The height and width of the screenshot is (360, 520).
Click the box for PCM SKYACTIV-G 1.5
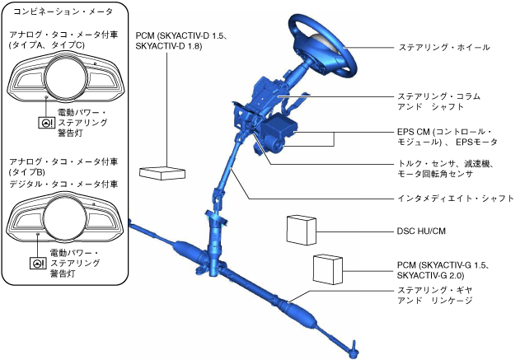coord(327,269)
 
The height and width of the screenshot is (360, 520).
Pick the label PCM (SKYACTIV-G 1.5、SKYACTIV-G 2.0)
coord(443,269)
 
